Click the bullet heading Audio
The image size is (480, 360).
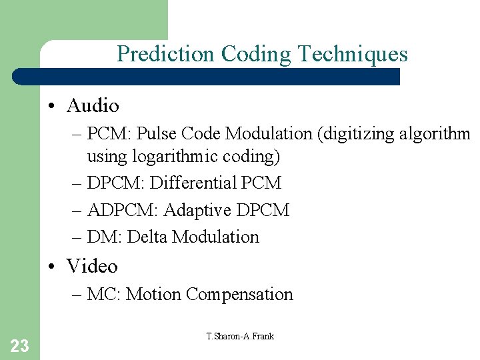click(93, 105)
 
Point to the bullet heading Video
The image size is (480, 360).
click(92, 266)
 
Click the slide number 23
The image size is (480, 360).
click(19, 345)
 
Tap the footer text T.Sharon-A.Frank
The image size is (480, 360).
click(240, 336)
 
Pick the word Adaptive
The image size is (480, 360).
click(197, 210)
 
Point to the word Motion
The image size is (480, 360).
click(154, 294)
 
